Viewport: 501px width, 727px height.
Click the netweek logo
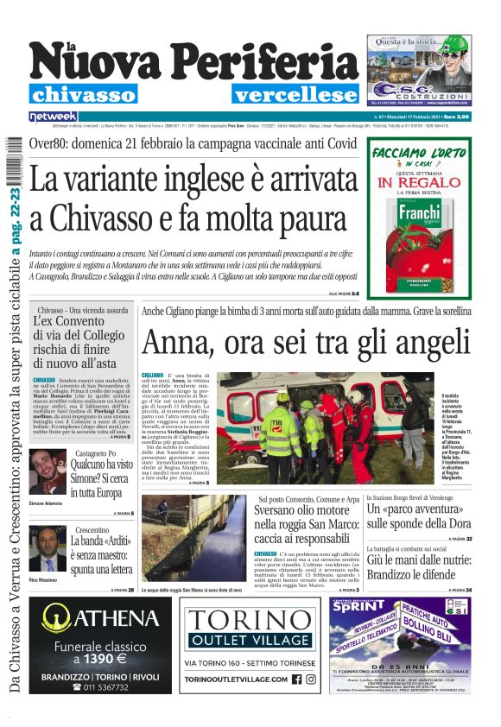point(53,116)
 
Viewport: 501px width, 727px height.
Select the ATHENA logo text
point(102,618)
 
